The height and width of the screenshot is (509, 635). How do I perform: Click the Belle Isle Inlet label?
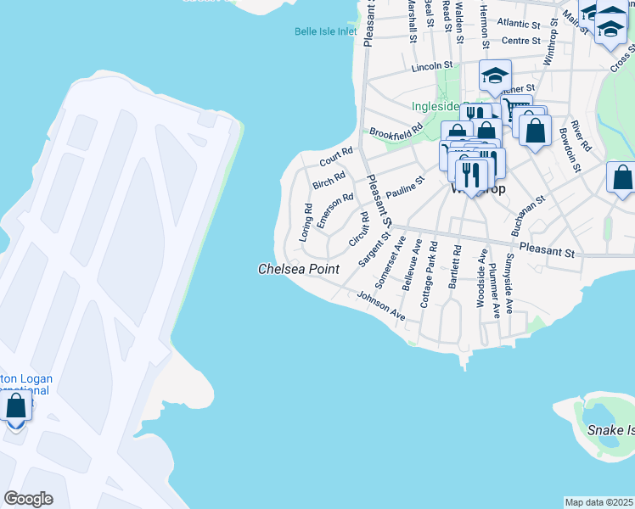[x=325, y=31]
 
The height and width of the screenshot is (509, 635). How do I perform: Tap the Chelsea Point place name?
[x=299, y=269]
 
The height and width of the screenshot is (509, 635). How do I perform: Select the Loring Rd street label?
[x=306, y=223]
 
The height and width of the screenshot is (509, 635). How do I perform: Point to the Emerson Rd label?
[x=334, y=210]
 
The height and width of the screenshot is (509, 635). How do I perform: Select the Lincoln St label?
[x=432, y=66]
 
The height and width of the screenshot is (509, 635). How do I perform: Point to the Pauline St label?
[x=404, y=188]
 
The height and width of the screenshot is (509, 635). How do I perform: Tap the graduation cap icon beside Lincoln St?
[x=494, y=76]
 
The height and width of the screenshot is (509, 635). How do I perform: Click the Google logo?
[x=28, y=499]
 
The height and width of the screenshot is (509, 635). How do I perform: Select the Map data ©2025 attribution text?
[x=598, y=502]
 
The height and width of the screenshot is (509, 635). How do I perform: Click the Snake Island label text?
[x=610, y=430]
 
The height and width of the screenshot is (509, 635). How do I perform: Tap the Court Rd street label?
[x=336, y=157]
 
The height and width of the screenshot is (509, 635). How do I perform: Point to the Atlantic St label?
[x=519, y=23]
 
